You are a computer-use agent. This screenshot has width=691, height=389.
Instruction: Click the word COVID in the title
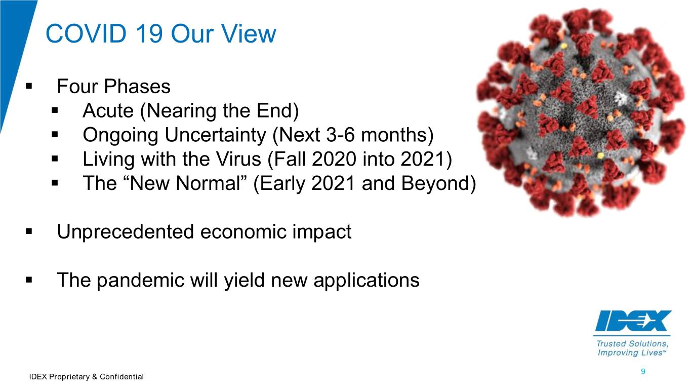click(x=86, y=33)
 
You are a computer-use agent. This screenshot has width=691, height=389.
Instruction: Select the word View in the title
click(x=249, y=33)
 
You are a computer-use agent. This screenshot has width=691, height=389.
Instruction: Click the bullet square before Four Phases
click(x=29, y=86)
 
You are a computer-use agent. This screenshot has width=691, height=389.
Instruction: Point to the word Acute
click(x=108, y=110)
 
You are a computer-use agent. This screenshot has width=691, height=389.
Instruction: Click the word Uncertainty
click(x=215, y=135)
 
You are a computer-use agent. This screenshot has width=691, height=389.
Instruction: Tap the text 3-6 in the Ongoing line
click(x=340, y=135)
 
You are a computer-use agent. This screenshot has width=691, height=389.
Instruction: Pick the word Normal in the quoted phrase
click(x=208, y=183)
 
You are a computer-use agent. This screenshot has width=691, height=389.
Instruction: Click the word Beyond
click(x=435, y=183)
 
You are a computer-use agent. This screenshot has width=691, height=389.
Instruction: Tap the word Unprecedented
click(x=125, y=232)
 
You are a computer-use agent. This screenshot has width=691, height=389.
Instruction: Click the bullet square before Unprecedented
click(x=29, y=231)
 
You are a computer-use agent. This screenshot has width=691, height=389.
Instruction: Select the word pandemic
click(x=140, y=280)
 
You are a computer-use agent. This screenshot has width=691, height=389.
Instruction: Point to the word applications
click(x=367, y=280)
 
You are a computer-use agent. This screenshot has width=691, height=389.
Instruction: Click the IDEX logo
click(x=632, y=321)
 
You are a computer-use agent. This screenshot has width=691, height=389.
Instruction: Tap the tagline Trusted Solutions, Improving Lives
click(x=632, y=348)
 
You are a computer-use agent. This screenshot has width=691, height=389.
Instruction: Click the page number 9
click(x=643, y=371)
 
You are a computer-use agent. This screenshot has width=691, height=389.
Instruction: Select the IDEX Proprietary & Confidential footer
click(x=87, y=377)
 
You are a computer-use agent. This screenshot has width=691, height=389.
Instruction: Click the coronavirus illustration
click(x=582, y=112)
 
